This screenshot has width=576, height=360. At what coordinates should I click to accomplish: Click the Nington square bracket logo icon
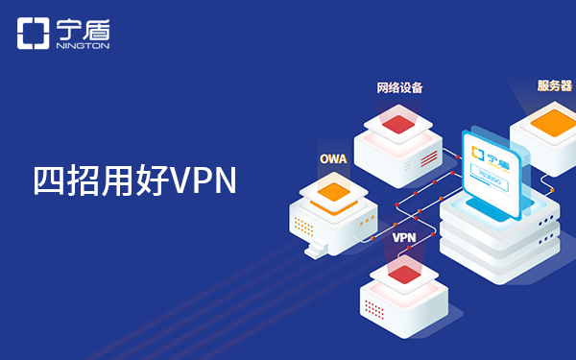[33, 34]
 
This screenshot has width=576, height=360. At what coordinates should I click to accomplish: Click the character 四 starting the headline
[48, 181]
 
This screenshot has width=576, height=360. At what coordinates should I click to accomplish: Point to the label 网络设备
[399, 87]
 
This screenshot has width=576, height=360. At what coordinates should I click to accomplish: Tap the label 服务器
[554, 85]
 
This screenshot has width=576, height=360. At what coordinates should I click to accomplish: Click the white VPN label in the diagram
[403, 235]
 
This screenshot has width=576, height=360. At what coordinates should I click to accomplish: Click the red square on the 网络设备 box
[399, 121]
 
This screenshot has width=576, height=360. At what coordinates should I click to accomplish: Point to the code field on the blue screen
[492, 178]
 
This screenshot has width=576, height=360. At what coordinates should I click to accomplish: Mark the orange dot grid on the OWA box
[303, 228]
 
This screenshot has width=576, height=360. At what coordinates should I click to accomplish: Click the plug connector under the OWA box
[315, 252]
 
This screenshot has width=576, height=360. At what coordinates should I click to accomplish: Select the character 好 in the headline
[151, 181]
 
